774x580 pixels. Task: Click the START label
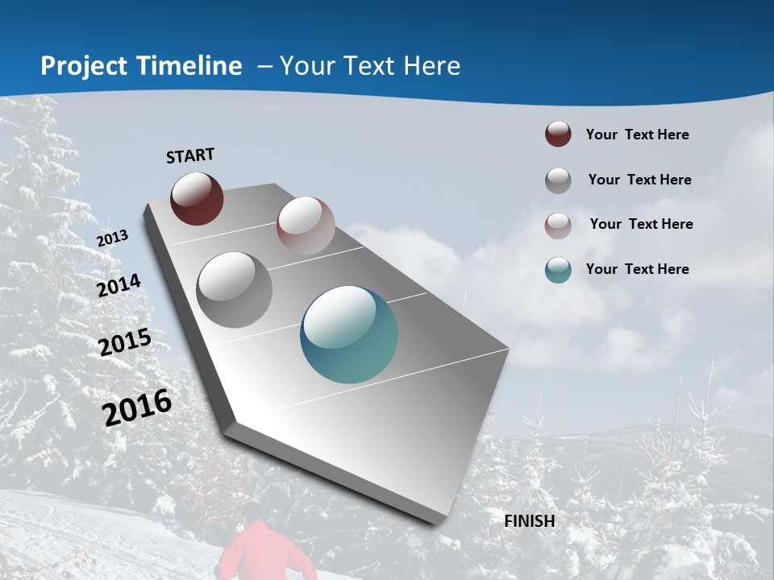[x=190, y=155]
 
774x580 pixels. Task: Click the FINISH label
[x=530, y=520]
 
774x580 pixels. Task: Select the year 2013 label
[x=113, y=238]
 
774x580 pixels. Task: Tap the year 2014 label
[x=119, y=285]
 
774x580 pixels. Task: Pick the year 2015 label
[x=125, y=342]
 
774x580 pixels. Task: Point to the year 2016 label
[x=137, y=408]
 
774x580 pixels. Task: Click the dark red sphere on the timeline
[x=197, y=198]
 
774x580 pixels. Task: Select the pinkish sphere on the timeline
[x=306, y=226]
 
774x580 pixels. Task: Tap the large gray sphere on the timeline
[x=235, y=290]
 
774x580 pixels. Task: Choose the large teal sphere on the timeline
[x=349, y=334]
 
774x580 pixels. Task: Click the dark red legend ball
[x=558, y=135]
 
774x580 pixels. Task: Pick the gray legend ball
[x=558, y=180]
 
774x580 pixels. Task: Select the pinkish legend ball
[x=558, y=225]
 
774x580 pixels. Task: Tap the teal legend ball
[x=558, y=270]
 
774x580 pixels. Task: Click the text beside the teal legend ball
[x=637, y=269]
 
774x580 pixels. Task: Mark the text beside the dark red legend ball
[x=637, y=135]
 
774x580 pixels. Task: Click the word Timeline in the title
[x=190, y=66]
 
